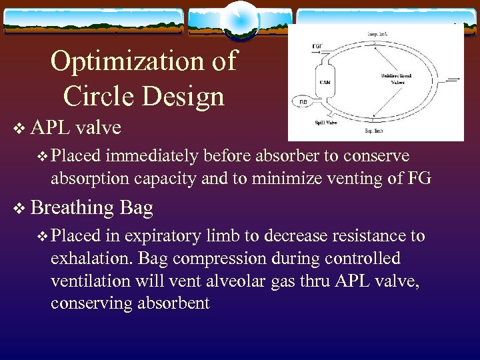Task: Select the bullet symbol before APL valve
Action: pos(18,127)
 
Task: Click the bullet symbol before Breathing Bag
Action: pos(18,208)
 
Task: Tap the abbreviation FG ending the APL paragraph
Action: pos(421,178)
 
